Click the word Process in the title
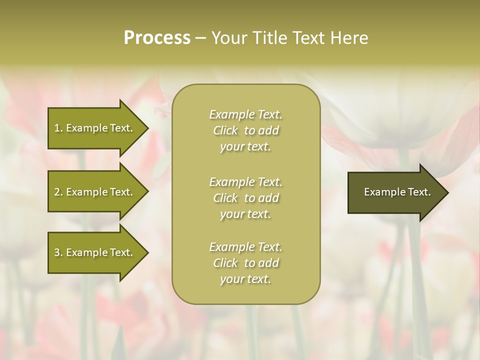tap(157, 38)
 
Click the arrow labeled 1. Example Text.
tap(95, 128)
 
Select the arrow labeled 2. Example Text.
tap(95, 192)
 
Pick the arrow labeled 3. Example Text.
tap(95, 252)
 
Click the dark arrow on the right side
tap(395, 192)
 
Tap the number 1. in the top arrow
tap(58, 128)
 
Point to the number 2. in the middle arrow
tap(58, 192)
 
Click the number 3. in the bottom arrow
tap(58, 252)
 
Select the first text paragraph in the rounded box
tap(245, 130)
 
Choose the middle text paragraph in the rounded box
tap(245, 198)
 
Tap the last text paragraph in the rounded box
tap(245, 263)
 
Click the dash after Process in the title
tap(200, 38)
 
